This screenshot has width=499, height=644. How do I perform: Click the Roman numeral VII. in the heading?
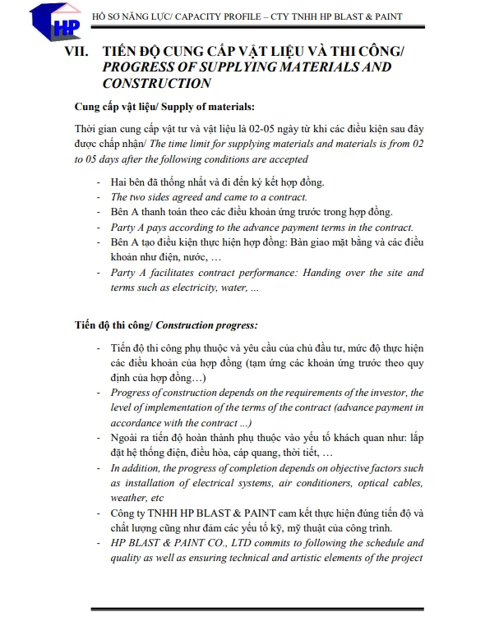pyautogui.click(x=81, y=51)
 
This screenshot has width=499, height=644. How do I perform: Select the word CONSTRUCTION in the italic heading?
pyautogui.click(x=156, y=83)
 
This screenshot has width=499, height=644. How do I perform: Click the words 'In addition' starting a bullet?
pyautogui.click(x=136, y=468)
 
